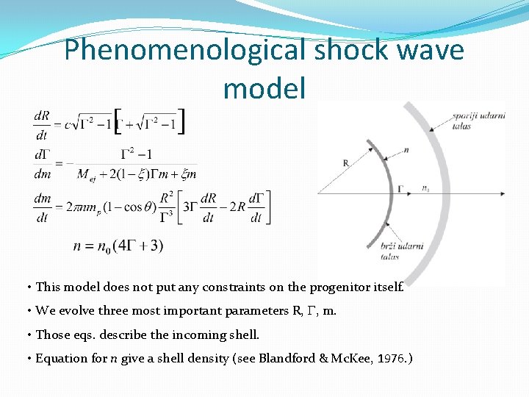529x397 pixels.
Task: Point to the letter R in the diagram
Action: click(345, 162)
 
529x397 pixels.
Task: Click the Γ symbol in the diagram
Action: click(401, 188)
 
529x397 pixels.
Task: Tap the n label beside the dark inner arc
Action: click(406, 150)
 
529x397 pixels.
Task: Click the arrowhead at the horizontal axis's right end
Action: click(502, 193)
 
